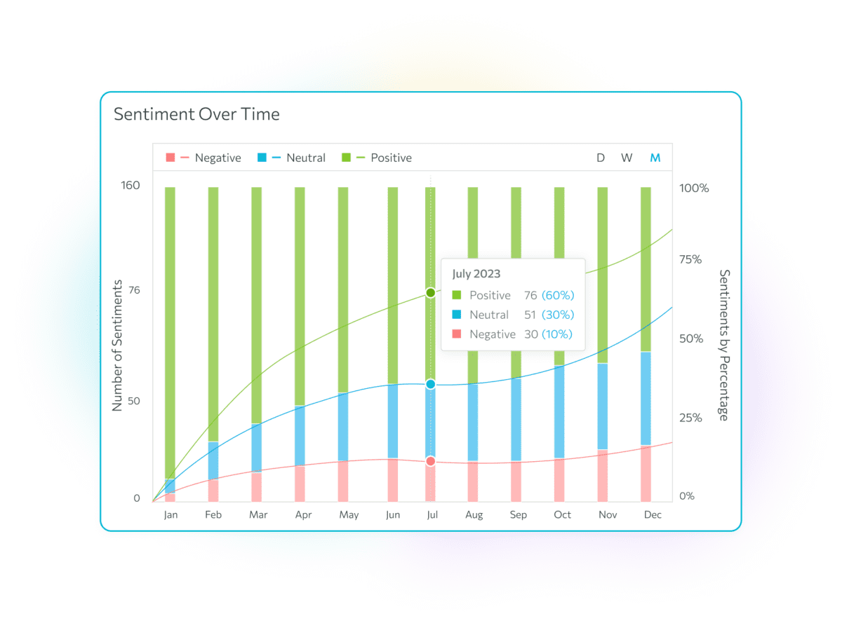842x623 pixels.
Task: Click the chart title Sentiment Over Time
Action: click(x=196, y=114)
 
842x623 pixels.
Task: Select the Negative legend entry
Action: click(x=203, y=158)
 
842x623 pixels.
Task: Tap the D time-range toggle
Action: click(x=601, y=158)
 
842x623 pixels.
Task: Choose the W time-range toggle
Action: click(x=627, y=158)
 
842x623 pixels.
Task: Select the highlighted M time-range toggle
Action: click(x=655, y=158)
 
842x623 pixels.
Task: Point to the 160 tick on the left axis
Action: click(x=131, y=186)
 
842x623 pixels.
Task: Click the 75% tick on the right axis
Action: click(x=695, y=259)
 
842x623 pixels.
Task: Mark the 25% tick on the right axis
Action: click(x=695, y=418)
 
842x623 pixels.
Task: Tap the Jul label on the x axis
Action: click(x=432, y=514)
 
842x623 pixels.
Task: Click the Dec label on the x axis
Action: click(x=653, y=514)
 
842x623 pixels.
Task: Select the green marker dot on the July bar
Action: click(x=431, y=292)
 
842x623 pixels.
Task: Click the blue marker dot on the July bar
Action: click(x=431, y=384)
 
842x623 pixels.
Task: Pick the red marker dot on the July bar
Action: click(x=431, y=461)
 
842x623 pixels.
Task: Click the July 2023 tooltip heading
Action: click(x=476, y=274)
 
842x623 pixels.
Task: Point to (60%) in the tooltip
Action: click(x=557, y=295)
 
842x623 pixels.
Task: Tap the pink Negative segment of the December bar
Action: click(x=646, y=473)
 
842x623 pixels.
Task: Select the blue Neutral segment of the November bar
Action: click(x=603, y=406)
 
